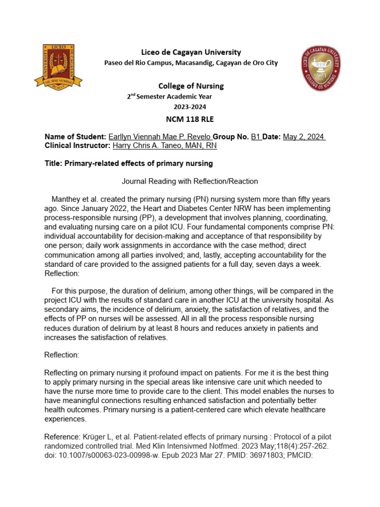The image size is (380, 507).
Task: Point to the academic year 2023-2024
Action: (190, 106)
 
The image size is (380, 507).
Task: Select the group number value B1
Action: (256, 137)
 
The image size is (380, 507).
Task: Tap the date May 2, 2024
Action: (303, 137)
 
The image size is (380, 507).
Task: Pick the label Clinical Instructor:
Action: (77, 146)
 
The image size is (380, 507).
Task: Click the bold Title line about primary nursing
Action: (129, 164)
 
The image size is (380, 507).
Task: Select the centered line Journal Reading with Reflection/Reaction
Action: (190, 182)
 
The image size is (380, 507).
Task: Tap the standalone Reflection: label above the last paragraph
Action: (62, 355)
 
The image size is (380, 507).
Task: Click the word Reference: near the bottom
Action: (62, 437)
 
